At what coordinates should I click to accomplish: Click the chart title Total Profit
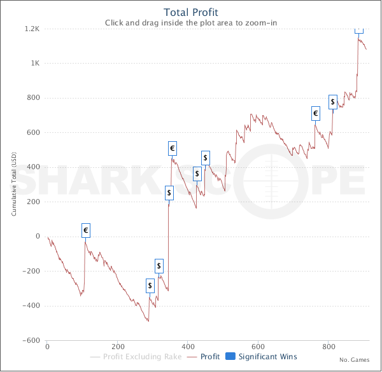[x=191, y=12]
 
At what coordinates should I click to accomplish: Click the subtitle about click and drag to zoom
[x=191, y=23]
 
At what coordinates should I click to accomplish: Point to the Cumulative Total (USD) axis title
[x=14, y=184]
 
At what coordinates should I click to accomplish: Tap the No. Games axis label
[x=355, y=360]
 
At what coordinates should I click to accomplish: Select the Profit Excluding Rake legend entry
[x=137, y=357]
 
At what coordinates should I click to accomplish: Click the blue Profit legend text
[x=210, y=357]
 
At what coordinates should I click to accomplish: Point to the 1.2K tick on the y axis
[x=32, y=29]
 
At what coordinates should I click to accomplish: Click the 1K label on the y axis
[x=34, y=64]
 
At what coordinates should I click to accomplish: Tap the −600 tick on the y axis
[x=31, y=340]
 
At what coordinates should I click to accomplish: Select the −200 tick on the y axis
[x=31, y=271]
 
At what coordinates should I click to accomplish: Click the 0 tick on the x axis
[x=47, y=347]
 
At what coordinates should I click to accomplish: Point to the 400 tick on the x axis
[x=188, y=347]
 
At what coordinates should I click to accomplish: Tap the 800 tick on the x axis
[x=329, y=347]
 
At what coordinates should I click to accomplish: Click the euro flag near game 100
[x=85, y=230]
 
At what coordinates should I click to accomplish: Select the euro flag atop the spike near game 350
[x=172, y=149]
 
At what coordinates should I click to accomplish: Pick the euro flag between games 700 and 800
[x=315, y=114]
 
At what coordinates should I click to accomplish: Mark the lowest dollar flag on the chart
[x=150, y=286]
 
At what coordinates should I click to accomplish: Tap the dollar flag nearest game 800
[x=332, y=102]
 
